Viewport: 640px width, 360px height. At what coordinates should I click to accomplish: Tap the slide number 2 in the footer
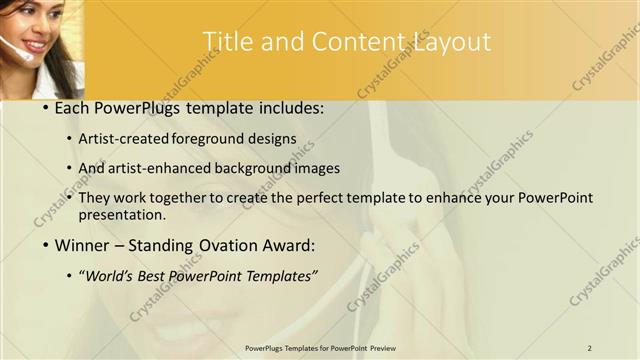click(590, 347)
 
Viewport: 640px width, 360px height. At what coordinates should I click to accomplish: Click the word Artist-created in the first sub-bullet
click(129, 139)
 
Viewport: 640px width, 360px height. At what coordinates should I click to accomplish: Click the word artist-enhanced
click(170, 169)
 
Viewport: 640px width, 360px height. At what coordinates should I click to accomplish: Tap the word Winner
click(81, 245)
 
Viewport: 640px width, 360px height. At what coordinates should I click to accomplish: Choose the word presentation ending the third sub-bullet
click(121, 214)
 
